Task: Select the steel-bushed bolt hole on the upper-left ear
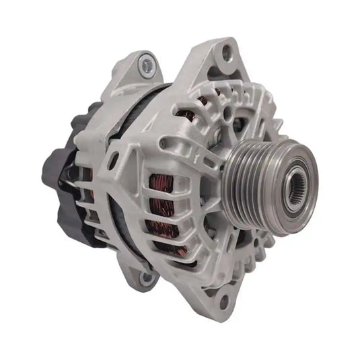147,65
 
